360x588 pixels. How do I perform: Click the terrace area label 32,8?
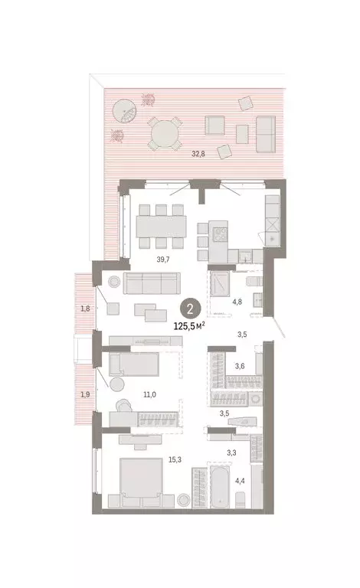click(x=198, y=154)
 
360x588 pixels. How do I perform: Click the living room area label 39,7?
click(x=162, y=260)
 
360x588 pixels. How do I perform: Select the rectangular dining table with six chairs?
click(x=161, y=226)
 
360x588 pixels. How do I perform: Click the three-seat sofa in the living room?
click(x=155, y=284)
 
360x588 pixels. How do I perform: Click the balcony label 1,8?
click(x=84, y=309)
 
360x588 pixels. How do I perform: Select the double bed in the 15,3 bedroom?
click(x=139, y=485)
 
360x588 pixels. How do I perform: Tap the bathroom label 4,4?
click(x=240, y=481)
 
